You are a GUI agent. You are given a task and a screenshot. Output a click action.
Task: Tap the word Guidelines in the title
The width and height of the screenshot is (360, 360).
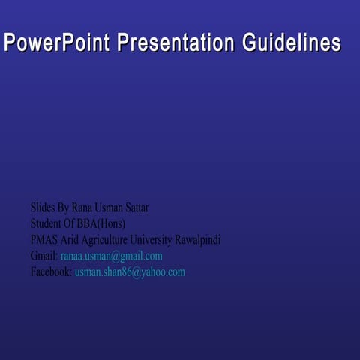click(291, 44)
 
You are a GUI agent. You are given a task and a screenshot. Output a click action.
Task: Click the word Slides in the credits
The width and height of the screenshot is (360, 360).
click(43, 206)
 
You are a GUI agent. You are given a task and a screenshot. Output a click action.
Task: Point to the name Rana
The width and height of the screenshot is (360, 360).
click(84, 206)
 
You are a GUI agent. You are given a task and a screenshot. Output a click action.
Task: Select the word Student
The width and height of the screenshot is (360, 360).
click(47, 223)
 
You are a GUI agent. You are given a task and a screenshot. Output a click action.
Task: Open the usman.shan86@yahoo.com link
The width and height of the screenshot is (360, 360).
click(130, 271)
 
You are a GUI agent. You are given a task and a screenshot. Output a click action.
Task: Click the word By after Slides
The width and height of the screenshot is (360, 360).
click(63, 206)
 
